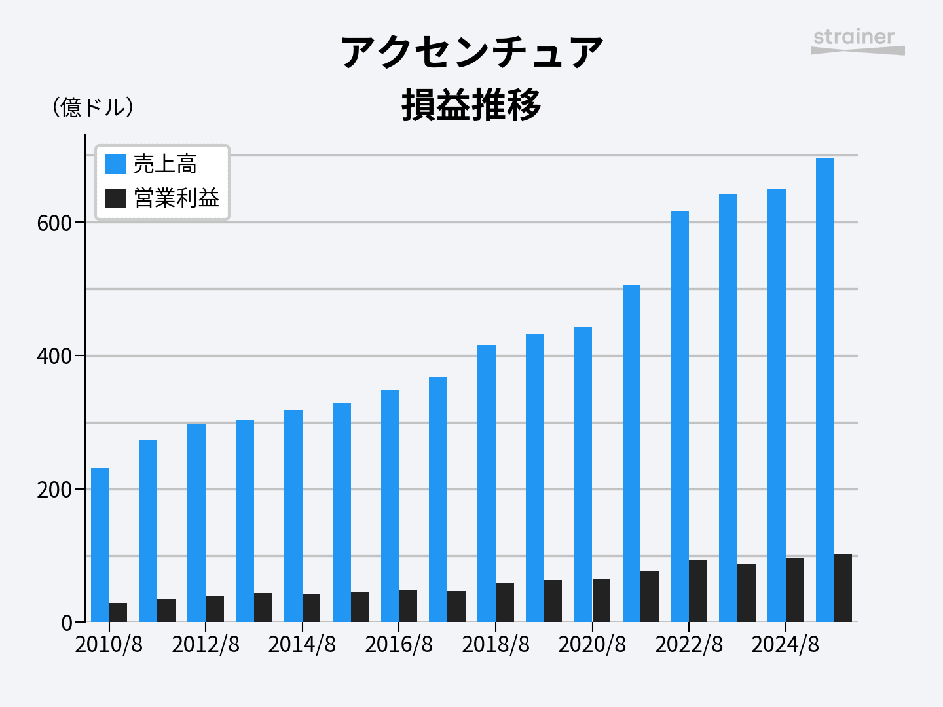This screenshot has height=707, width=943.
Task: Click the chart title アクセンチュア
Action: pyautogui.click(x=471, y=52)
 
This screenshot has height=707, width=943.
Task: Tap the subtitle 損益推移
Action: pyautogui.click(x=471, y=105)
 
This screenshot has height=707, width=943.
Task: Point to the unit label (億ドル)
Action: pyautogui.click(x=93, y=107)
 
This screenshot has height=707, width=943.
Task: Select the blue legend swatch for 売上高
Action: pyautogui.click(x=115, y=164)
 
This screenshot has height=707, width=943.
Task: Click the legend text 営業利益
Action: pyautogui.click(x=177, y=198)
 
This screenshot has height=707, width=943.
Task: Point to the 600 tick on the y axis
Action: pyautogui.click(x=54, y=223)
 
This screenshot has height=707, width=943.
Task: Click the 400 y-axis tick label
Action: pyautogui.click(x=54, y=357)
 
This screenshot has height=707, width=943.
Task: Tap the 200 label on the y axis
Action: pyautogui.click(x=54, y=490)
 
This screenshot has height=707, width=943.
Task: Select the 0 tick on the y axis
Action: pyautogui.click(x=67, y=623)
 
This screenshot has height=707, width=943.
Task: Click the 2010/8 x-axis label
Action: pyautogui.click(x=109, y=645)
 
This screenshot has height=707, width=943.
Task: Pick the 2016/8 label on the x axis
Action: pyautogui.click(x=399, y=645)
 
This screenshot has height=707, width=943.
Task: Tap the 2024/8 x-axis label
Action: pyautogui.click(x=785, y=645)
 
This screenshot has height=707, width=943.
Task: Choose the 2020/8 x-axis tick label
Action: pyautogui.click(x=592, y=645)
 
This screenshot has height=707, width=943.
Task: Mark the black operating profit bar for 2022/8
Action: pyautogui.click(x=698, y=590)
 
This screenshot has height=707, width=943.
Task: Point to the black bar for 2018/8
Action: pyautogui.click(x=505, y=602)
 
